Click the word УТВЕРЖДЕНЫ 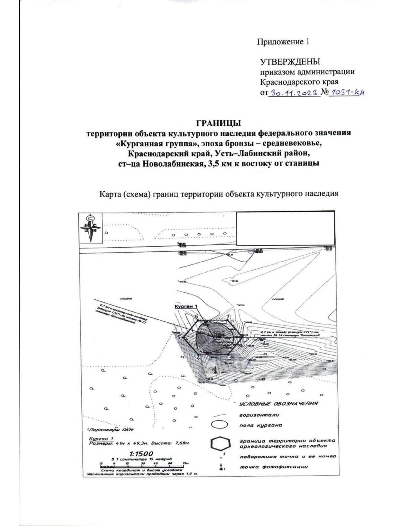coord(290,62)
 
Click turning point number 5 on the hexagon coord(183,337)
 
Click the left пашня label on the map coord(126,299)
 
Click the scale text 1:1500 coord(141,454)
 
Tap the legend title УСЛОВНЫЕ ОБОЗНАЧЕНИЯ coord(278,404)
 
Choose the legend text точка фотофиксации coord(274,467)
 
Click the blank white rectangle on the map coord(285,228)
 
